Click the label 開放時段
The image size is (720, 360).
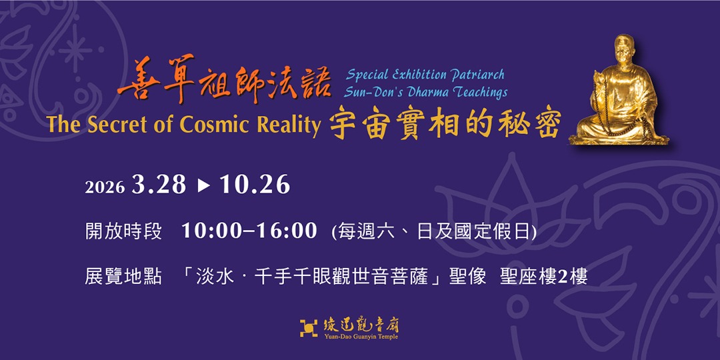[x=123, y=231]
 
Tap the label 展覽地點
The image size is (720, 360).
[x=123, y=276]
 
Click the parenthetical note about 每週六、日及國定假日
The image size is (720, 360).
[x=434, y=231]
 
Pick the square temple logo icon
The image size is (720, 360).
[x=309, y=327]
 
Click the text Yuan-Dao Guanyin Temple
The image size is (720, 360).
[x=361, y=337]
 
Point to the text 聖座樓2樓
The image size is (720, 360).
[x=544, y=276]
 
